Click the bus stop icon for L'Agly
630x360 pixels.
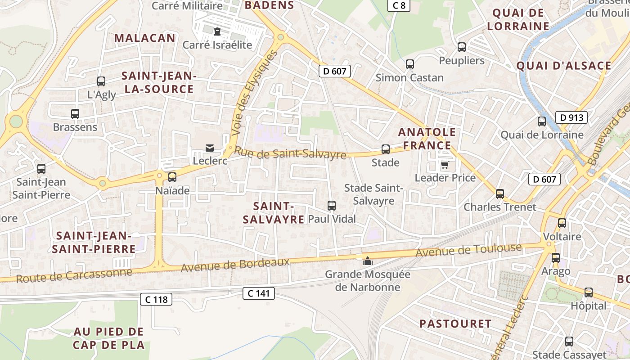pyautogui.click(x=101, y=81)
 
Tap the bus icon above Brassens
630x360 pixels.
pyautogui.click(x=75, y=114)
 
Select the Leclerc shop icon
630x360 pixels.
pyautogui.click(x=210, y=148)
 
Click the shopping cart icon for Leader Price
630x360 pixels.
pyautogui.click(x=445, y=165)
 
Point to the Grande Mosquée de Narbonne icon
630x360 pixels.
pyautogui.click(x=368, y=261)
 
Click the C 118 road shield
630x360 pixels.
pyautogui.click(x=156, y=299)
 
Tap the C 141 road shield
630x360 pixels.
pyautogui.click(x=259, y=293)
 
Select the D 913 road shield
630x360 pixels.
pyautogui.click(x=571, y=118)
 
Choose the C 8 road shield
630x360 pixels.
pyautogui.click(x=399, y=5)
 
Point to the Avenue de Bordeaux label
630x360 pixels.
pyautogui.click(x=235, y=265)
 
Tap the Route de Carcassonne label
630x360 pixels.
pyautogui.click(x=74, y=275)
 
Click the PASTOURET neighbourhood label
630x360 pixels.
pyautogui.click(x=455, y=324)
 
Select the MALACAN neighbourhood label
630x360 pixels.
pyautogui.click(x=144, y=38)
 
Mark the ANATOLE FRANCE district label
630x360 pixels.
pyautogui.click(x=427, y=139)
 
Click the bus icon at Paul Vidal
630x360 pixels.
pyautogui.click(x=332, y=206)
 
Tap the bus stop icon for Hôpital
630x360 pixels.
pyautogui.click(x=589, y=292)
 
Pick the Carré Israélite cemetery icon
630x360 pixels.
pyautogui.click(x=217, y=31)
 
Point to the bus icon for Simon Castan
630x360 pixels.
pyautogui.click(x=409, y=64)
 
